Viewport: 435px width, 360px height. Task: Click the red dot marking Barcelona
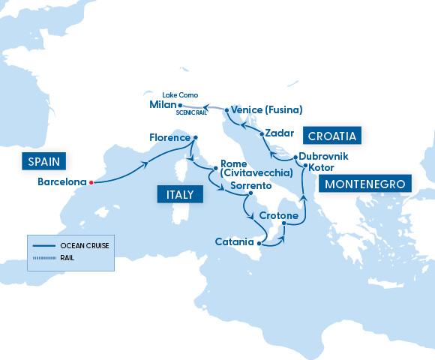(91, 182)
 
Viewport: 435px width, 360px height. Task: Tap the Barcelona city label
(61, 182)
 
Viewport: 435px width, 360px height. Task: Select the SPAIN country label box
(44, 160)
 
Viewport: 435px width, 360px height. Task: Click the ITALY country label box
(175, 195)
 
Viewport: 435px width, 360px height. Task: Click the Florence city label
(169, 138)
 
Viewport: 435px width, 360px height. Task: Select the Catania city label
(235, 242)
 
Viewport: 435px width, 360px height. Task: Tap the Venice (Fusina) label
(267, 109)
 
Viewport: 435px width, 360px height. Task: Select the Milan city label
(163, 105)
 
